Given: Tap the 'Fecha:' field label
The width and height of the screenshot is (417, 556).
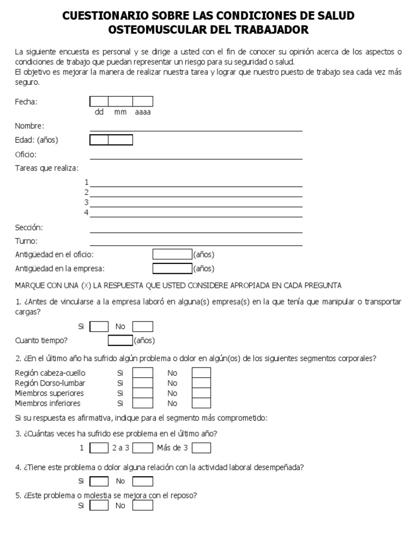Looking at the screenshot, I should point(26,102).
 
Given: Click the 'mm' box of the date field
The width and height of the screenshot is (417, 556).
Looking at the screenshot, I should point(121,101).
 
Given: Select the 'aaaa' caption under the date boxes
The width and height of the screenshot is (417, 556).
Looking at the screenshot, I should point(143,112).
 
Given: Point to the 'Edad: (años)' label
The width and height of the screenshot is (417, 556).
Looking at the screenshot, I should point(36,140).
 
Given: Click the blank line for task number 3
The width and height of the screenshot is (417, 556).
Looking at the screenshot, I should point(196,203).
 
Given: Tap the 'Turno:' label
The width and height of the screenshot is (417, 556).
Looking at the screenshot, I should point(27,241).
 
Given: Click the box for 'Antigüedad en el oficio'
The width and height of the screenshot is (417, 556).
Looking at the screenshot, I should point(172,254).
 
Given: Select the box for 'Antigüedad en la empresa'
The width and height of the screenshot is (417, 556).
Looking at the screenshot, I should point(172,268).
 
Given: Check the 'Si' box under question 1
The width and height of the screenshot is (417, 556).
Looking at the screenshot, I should point(99,326).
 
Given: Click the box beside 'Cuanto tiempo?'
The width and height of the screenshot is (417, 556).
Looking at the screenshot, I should point(120,340).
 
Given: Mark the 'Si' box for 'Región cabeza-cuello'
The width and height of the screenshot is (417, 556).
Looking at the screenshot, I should point(143,373).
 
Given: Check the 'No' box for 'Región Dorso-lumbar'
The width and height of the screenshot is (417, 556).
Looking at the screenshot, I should point(201,383).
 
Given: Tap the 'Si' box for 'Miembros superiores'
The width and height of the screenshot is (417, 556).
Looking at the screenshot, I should point(143,393).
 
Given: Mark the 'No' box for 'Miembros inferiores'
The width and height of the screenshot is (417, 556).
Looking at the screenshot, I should point(201,403).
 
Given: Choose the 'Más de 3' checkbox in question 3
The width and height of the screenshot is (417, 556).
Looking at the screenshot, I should point(201,448).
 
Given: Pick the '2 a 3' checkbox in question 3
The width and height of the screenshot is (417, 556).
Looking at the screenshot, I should point(143,448).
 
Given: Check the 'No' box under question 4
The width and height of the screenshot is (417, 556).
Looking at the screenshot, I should point(143,481).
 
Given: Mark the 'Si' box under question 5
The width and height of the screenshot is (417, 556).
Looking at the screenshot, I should point(99,506).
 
